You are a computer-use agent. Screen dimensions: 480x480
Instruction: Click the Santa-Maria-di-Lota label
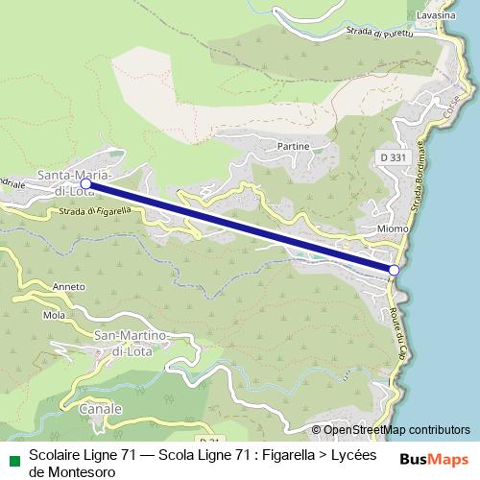[76, 181]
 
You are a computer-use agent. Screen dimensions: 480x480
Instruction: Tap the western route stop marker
[86, 182]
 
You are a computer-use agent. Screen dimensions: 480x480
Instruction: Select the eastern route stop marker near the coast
[394, 271]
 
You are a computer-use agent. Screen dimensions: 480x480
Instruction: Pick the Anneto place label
[69, 285]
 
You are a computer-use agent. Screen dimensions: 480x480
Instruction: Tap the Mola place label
[54, 315]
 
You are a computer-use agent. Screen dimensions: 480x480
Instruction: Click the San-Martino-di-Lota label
[132, 342]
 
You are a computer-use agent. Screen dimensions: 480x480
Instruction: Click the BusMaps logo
[433, 459]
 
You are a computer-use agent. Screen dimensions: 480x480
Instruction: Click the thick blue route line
[240, 227]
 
